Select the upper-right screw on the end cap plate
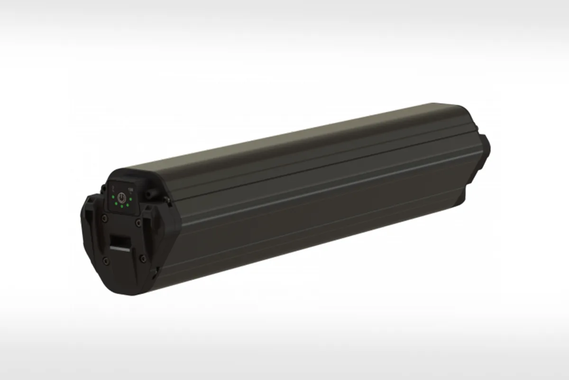(138, 222)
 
